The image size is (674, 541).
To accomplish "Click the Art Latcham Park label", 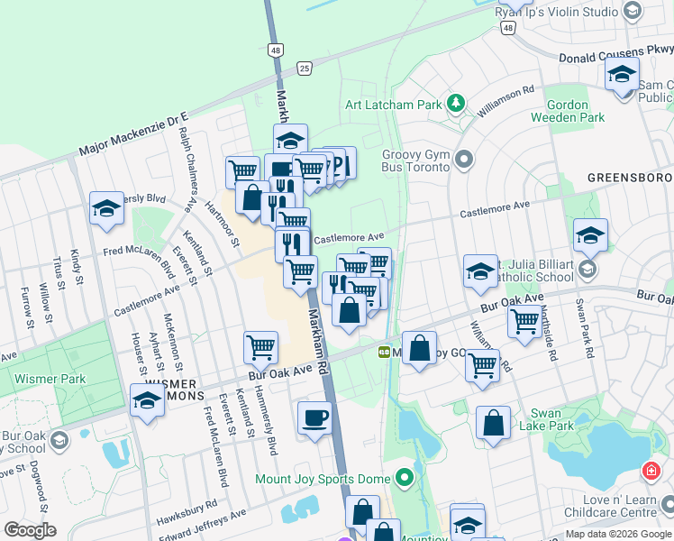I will click(394, 105).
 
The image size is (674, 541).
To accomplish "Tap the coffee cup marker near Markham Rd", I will click(314, 418).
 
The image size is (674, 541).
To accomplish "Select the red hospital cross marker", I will click(651, 472).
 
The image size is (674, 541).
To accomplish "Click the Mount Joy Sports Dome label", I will click(324, 478).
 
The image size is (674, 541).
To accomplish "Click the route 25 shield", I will click(305, 68).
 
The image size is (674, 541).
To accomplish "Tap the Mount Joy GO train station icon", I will click(384, 352).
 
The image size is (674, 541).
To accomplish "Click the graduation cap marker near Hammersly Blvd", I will click(106, 209).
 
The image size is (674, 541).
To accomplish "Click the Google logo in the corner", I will click(30, 530).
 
